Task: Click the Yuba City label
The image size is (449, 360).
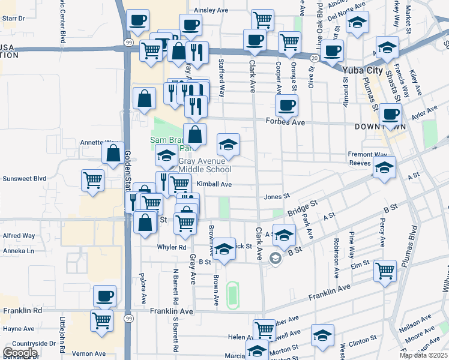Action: tap(362, 70)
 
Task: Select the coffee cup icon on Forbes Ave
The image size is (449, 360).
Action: tap(286, 105)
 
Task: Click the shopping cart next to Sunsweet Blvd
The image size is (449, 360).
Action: tap(92, 180)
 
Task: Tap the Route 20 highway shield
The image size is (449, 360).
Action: tap(315, 57)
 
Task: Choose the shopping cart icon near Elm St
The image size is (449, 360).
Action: tap(384, 270)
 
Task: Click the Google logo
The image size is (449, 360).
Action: tap(20, 353)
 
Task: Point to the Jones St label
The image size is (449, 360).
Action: tap(277, 196)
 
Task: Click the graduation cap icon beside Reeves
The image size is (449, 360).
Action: tap(384, 167)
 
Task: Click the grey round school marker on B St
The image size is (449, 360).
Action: tap(275, 259)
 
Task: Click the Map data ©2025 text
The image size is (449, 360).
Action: tap(424, 355)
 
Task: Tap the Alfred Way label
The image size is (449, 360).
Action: tap(19, 236)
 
